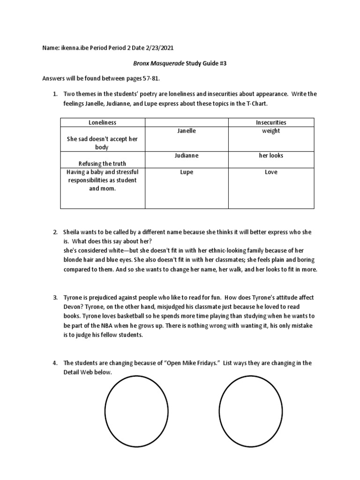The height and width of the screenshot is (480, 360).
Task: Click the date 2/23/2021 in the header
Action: [162, 48]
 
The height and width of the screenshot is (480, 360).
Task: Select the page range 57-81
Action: [149, 79]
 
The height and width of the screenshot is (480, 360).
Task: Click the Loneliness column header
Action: [102, 122]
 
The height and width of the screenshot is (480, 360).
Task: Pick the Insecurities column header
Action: [271, 122]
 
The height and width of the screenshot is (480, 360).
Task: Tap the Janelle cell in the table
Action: [187, 131]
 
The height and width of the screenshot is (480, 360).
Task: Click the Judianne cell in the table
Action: [187, 155]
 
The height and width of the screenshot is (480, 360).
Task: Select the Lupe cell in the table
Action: [187, 172]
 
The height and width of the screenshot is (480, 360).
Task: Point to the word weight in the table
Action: [271, 131]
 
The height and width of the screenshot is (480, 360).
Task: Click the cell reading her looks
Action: [271, 155]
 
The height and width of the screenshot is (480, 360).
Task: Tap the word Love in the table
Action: [271, 172]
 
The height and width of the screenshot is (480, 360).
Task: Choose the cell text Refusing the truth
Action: [102, 164]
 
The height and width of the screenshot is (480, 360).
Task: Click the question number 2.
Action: [55, 232]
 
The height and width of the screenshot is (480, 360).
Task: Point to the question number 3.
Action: [55, 298]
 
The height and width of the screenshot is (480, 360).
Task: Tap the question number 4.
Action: [55, 363]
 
